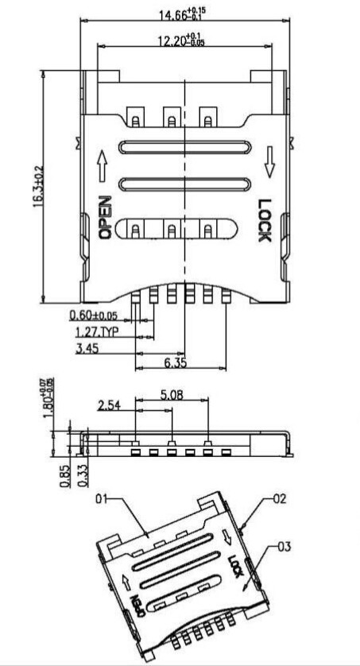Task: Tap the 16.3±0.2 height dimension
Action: click(36, 187)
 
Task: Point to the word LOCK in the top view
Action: click(265, 220)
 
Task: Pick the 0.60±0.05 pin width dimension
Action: click(98, 315)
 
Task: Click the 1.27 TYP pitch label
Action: click(96, 331)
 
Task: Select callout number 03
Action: click(285, 547)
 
